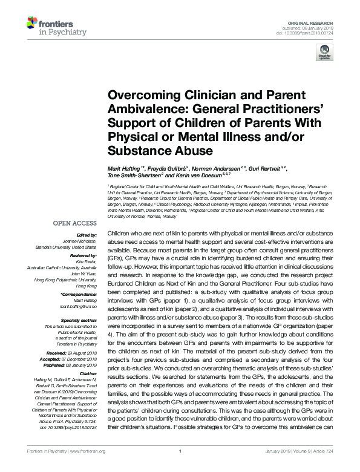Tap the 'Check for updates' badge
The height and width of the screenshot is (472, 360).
pyautogui.click(x=322, y=54)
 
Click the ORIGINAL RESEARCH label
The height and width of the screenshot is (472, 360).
pyautogui.click(x=318, y=22)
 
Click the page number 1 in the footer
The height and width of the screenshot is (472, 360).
pyautogui.click(x=180, y=467)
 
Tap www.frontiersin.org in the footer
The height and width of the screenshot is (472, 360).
pyautogui.click(x=87, y=467)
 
